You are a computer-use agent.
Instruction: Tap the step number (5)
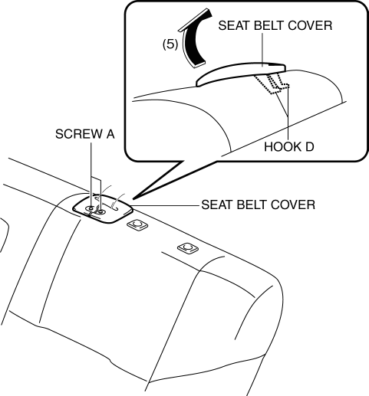pyautogui.click(x=170, y=44)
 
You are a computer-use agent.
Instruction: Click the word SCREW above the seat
pyautogui.click(x=75, y=134)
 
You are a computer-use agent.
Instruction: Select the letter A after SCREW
pyautogui.click(x=110, y=134)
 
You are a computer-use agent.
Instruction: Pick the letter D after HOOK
pyautogui.click(x=309, y=147)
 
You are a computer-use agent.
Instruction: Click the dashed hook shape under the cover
pyautogui.click(x=272, y=83)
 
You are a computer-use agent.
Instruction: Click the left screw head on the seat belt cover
pyautogui.click(x=90, y=208)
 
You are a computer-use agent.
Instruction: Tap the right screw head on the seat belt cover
pyautogui.click(x=101, y=211)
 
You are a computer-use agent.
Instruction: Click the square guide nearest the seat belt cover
pyautogui.click(x=137, y=224)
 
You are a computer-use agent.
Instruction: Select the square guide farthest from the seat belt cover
pyautogui.click(x=188, y=247)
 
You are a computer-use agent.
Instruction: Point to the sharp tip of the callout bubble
pyautogui.click(x=133, y=198)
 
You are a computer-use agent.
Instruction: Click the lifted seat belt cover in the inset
pyautogui.click(x=240, y=74)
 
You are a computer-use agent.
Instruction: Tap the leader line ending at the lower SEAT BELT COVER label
pyautogui.click(x=166, y=205)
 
